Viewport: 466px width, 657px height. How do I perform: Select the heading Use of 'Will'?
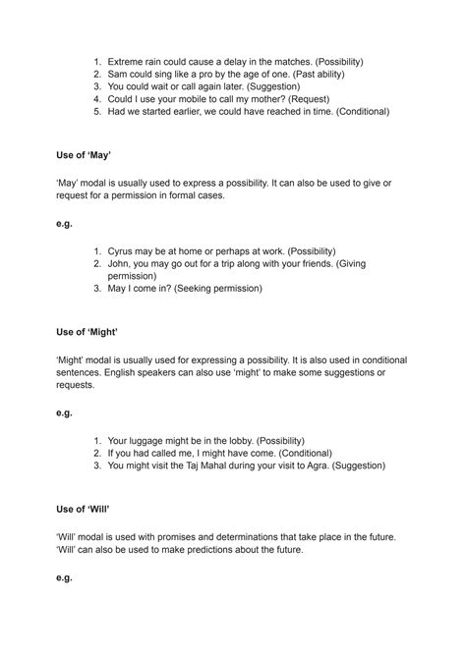84,508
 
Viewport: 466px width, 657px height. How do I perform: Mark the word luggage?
153,440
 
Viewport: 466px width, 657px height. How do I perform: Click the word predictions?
221,550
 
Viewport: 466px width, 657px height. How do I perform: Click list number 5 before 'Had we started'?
97,112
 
